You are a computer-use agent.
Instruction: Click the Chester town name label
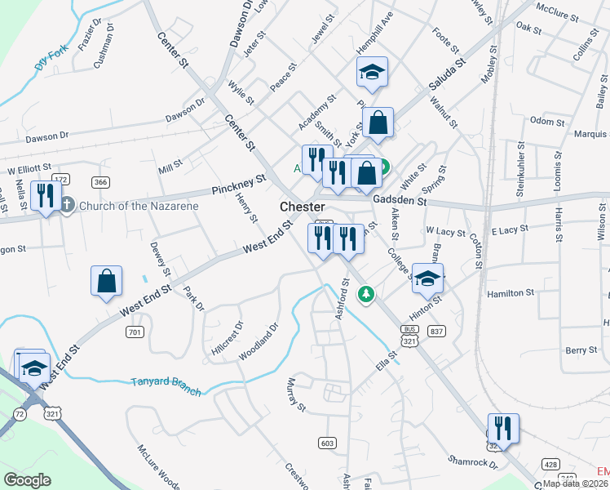click(x=303, y=207)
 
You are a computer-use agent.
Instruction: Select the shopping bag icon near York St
click(x=378, y=123)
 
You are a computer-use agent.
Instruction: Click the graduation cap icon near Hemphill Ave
click(x=372, y=73)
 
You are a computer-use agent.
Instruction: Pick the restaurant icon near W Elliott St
click(x=45, y=196)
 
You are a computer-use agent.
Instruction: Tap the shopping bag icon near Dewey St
click(x=107, y=281)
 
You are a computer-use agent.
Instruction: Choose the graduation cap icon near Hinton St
click(x=427, y=278)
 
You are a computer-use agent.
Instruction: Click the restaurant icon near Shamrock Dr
click(x=503, y=428)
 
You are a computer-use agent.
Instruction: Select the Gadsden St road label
click(x=400, y=200)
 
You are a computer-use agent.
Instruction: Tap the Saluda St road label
click(x=448, y=73)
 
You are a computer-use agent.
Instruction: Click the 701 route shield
click(x=135, y=332)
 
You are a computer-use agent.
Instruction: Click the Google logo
click(x=26, y=480)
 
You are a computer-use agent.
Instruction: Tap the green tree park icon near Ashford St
click(x=367, y=292)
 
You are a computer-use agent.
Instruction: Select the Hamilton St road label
click(x=510, y=292)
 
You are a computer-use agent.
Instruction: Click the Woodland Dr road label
click(x=259, y=342)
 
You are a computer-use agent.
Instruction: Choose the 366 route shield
click(x=100, y=182)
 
